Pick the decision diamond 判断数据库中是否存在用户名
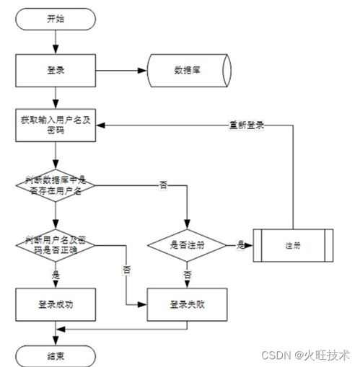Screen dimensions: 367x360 [55, 185]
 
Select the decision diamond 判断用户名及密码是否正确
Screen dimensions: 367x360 [55, 244]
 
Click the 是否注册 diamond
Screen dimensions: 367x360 [187, 245]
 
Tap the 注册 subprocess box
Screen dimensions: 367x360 [291, 245]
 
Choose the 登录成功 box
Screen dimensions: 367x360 [55, 304]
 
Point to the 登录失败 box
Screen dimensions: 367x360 [187, 304]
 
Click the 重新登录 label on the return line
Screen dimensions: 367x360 [246, 125]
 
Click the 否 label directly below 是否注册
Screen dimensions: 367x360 [187, 275]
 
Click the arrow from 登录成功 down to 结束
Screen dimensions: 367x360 [55, 331]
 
